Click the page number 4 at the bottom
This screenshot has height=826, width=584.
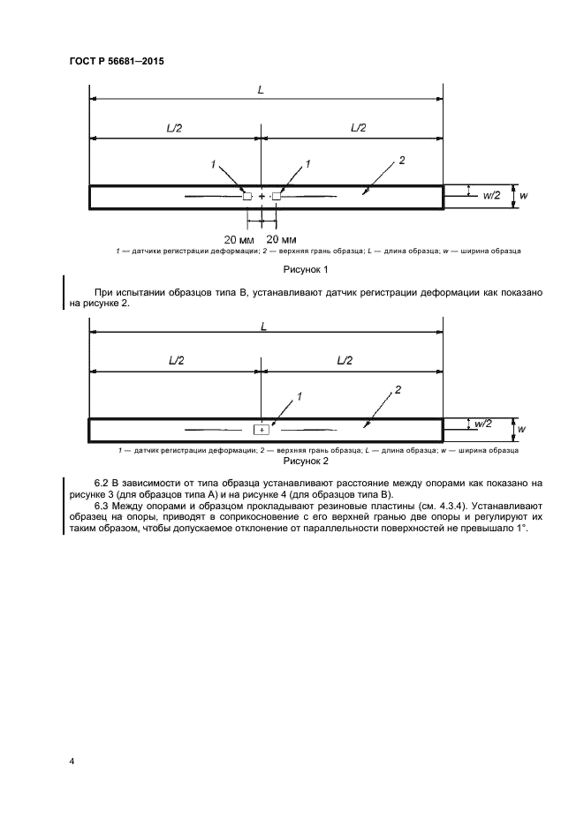coord(71,760)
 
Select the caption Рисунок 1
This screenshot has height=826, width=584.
coord(305,269)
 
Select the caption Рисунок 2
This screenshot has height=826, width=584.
coord(305,461)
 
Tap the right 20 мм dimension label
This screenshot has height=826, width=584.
coord(281,239)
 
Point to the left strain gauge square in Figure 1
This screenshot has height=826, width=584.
coord(247,196)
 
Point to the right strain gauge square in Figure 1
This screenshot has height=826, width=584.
coord(276,196)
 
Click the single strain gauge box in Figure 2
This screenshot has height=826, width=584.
coord(262,430)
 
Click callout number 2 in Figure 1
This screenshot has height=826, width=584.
coord(402,160)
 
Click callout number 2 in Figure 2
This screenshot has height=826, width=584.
coord(398,389)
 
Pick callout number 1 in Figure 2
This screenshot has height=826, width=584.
coord(300,397)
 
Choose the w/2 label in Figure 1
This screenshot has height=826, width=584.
coord(491,195)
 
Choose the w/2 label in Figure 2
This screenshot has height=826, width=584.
coord(482,424)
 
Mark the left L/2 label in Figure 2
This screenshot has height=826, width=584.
coord(174,362)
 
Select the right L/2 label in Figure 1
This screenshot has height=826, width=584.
coord(358,127)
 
